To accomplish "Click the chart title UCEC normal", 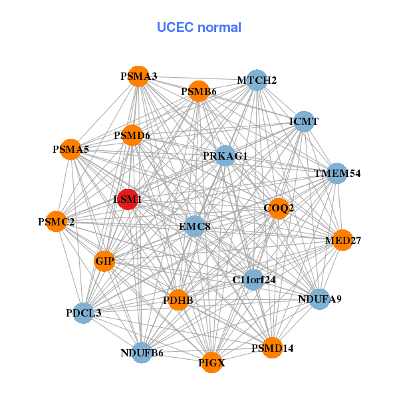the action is click(199, 27).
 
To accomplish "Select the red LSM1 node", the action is click(128, 199).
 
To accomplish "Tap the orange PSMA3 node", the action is click(138, 76).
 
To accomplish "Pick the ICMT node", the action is click(303, 122).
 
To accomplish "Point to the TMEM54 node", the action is click(337, 174).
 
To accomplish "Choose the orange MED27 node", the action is click(342, 240).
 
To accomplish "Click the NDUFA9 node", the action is click(319, 299).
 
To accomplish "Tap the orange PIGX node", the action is click(211, 362).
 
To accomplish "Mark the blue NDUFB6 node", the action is click(142, 352).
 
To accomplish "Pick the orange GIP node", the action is click(105, 261).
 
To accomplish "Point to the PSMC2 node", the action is click(57, 221).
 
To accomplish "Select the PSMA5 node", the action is click(71, 150).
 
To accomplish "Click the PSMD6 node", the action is click(132, 136).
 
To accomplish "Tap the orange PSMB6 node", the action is click(199, 91).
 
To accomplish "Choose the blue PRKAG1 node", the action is click(225, 156).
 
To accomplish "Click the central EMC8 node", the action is click(195, 227).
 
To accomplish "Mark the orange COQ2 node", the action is click(279, 208).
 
